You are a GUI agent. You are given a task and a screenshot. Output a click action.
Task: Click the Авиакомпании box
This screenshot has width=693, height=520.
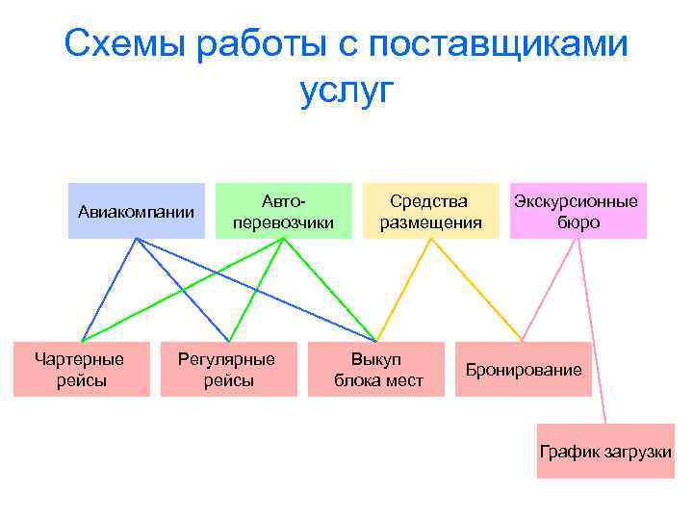(x=136, y=211)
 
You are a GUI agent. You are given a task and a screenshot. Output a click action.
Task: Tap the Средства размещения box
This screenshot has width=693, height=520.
(x=430, y=211)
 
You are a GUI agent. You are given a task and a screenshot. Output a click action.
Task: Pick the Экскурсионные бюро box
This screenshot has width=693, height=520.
(x=577, y=211)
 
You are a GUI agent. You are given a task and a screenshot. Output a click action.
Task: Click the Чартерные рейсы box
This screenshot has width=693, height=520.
(x=81, y=369)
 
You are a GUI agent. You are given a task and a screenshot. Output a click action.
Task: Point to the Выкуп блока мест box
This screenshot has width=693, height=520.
(x=377, y=369)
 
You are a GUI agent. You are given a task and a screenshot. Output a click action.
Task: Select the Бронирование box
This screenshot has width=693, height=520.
(x=524, y=369)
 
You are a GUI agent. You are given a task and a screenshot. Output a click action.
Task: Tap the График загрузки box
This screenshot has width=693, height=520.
(x=605, y=451)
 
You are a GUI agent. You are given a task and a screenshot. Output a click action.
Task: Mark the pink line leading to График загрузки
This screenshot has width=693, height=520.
(x=591, y=330)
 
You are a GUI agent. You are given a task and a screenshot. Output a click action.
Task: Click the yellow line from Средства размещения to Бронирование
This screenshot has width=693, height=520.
(x=476, y=289)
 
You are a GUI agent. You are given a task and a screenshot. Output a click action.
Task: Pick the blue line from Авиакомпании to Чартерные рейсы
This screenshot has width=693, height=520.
(x=109, y=289)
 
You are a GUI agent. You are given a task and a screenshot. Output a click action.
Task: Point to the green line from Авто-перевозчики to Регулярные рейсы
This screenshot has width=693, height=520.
(x=256, y=289)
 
